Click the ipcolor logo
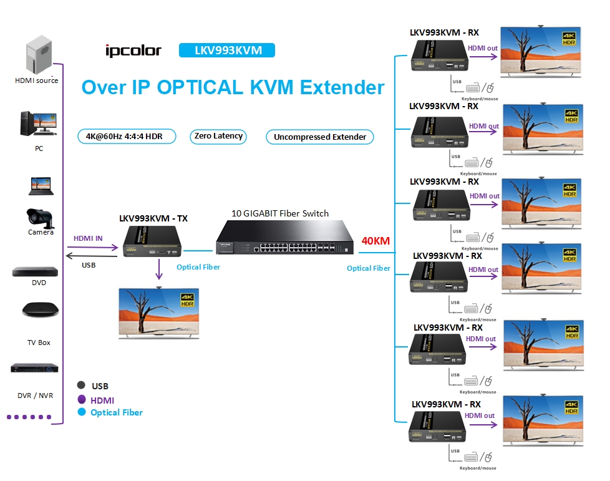[133, 51]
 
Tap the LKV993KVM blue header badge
[226, 51]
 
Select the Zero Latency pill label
[218, 136]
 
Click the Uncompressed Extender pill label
[319, 137]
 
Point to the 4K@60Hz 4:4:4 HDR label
[128, 136]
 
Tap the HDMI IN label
[88, 238]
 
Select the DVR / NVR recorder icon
[34, 368]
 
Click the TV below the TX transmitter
[159, 311]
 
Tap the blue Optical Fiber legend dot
[81, 412]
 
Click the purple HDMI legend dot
[81, 400]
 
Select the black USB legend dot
[81, 385]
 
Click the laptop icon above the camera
[40, 185]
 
